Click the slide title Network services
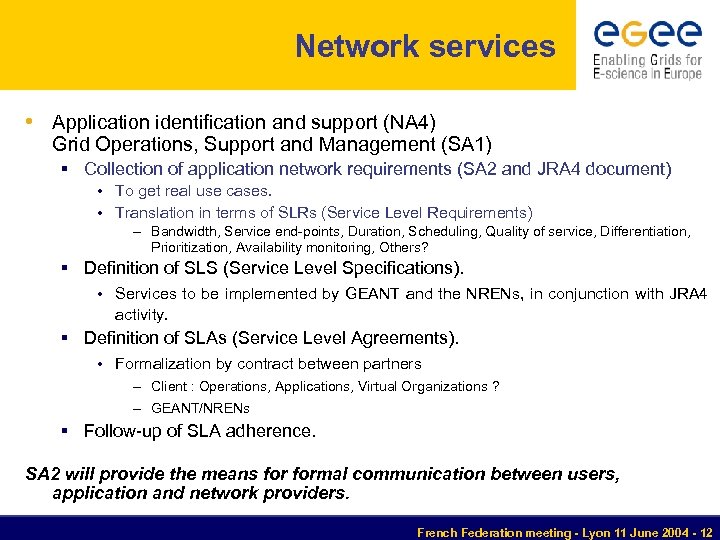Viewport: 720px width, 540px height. pos(425,46)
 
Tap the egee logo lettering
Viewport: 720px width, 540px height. pos(647,35)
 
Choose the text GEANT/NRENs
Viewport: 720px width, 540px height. pos(200,408)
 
